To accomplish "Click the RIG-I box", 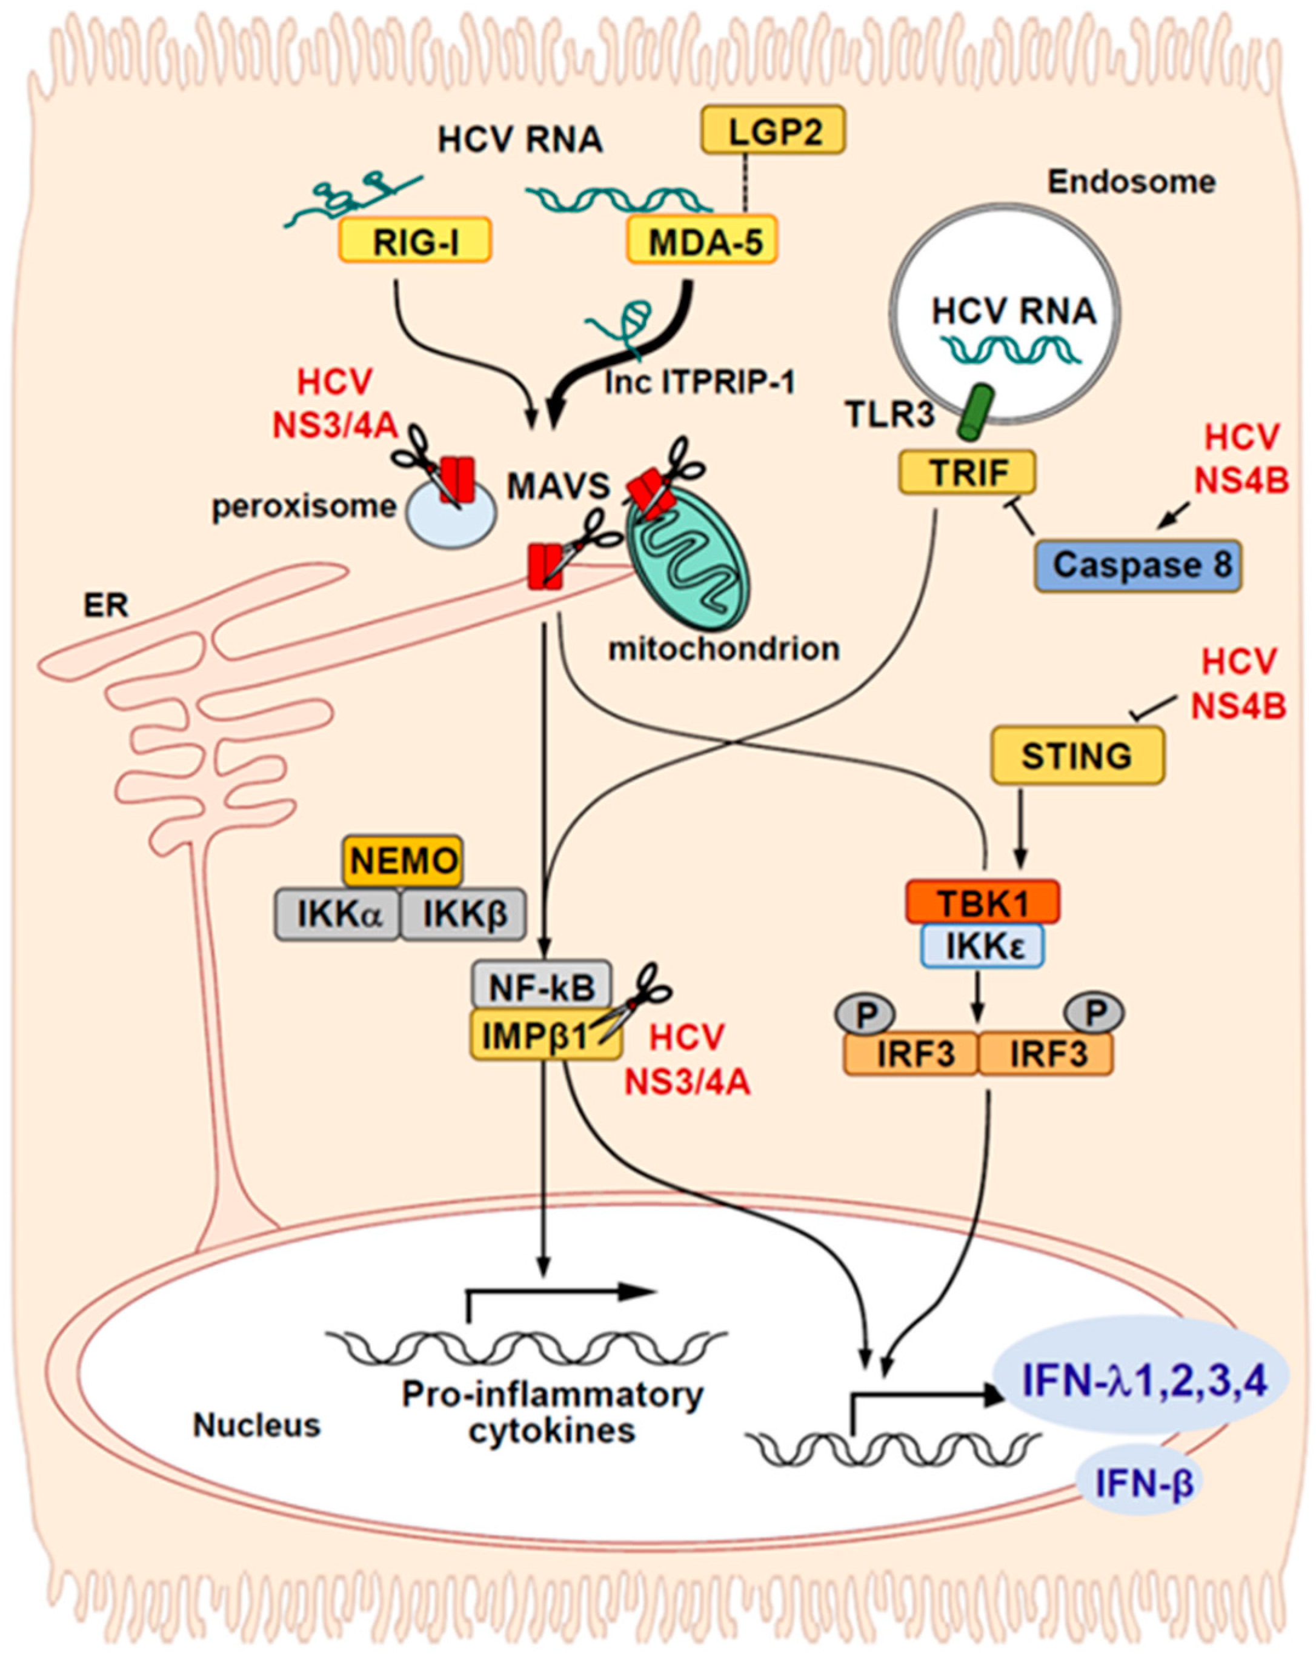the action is click(x=415, y=241).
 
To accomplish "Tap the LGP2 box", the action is click(x=774, y=130).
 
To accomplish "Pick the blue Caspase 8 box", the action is click(x=1138, y=565).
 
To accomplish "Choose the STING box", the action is click(x=1077, y=756).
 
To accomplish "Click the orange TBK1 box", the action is click(x=983, y=902).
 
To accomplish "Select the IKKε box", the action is click(x=983, y=945).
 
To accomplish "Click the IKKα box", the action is click(x=337, y=914).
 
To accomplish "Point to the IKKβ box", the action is click(x=464, y=914).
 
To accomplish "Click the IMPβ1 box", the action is click(x=545, y=1034).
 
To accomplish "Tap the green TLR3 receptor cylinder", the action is click(x=975, y=413).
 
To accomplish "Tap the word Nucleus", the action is click(x=256, y=1426).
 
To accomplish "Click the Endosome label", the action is click(x=1132, y=182).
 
